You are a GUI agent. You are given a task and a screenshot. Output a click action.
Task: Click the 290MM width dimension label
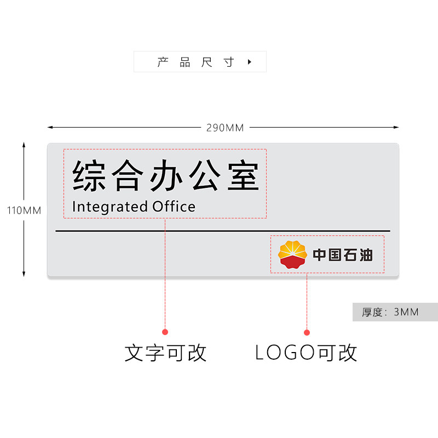coord(225,128)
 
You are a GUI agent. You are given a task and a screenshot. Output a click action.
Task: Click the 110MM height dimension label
coord(24,210)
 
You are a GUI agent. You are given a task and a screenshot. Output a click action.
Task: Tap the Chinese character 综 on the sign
coord(89,175)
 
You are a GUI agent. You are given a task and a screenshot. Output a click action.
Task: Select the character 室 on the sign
coord(243,175)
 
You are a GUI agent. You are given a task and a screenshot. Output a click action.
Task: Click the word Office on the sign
coord(174,206)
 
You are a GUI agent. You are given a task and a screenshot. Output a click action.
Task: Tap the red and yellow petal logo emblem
coord(292,255)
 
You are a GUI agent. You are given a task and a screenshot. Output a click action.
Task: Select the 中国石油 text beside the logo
coord(343,255)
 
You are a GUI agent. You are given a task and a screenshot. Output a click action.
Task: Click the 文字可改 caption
coord(165,353)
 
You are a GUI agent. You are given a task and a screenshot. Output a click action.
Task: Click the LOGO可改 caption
coord(307,353)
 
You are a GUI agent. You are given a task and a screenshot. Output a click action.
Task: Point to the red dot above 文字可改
coord(165,332)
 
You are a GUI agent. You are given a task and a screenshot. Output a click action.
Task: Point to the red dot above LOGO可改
coord(307,332)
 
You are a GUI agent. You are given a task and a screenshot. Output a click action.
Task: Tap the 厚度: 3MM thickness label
coord(390,312)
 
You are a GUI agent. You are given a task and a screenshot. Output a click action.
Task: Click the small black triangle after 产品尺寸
coord(250,62)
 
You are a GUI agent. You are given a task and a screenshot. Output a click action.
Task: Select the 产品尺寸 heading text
coord(195,62)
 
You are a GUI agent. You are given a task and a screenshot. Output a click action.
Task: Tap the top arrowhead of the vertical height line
coord(24,145)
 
